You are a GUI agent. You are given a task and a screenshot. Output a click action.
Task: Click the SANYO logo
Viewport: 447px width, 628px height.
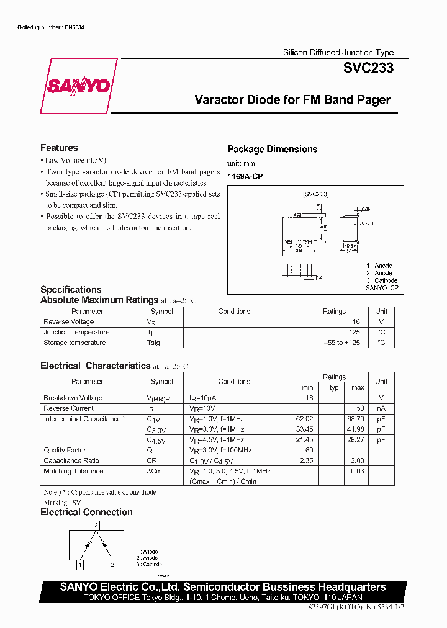tap(78, 86)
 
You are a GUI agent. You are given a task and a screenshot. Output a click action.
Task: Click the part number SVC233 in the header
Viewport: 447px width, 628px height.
tap(368, 69)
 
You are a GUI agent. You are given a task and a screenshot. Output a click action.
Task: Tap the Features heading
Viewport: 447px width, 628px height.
tap(59, 148)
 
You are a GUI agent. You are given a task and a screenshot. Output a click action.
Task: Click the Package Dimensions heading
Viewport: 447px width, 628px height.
tap(272, 149)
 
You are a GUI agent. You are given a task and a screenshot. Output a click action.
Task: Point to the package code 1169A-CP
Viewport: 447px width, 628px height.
tap(245, 177)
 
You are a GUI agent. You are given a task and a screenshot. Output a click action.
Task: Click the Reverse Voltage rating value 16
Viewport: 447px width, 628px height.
tap(356, 322)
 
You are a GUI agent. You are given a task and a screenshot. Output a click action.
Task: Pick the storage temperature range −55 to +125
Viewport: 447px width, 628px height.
tap(342, 343)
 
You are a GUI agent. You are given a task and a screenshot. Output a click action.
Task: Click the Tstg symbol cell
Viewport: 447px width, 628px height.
tap(153, 343)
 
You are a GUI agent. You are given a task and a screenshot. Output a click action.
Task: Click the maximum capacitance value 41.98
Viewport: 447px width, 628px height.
tap(356, 429)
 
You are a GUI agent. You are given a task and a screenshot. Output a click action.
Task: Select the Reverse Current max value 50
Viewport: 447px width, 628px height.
tap(359, 409)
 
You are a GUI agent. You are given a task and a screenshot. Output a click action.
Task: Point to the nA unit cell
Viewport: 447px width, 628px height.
tap(381, 409)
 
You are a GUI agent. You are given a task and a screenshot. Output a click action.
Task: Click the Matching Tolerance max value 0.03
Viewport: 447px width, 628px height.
tap(357, 472)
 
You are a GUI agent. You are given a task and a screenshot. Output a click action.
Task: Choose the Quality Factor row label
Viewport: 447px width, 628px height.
tap(65, 451)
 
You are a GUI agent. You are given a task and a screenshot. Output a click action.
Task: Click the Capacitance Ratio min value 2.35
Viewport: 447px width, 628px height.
tap(305, 461)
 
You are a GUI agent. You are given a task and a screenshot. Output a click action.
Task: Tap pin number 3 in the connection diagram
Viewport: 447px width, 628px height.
tap(95, 525)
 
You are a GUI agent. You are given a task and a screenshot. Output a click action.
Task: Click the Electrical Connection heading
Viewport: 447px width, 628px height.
tap(86, 512)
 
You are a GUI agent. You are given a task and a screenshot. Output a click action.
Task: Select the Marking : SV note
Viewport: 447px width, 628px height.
tap(62, 503)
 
